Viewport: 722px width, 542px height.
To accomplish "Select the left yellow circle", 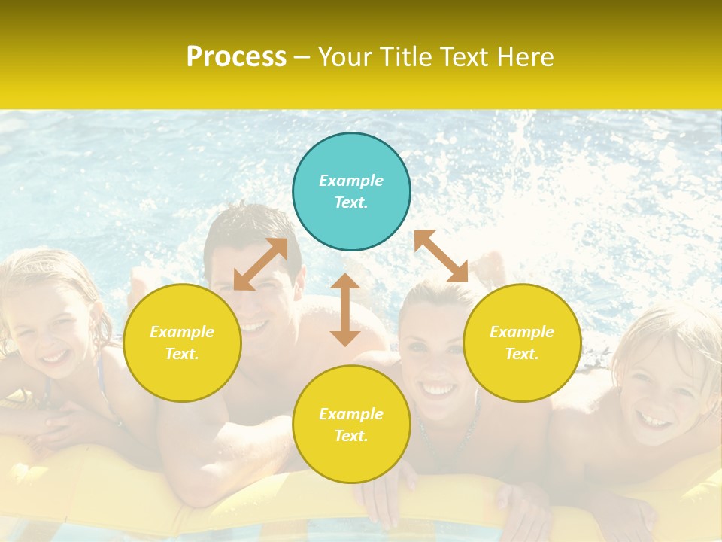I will point(182,343).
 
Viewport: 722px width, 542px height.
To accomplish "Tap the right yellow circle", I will point(522,343).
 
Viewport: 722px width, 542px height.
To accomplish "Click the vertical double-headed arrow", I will point(345,309).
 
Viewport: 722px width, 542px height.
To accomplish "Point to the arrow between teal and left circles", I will point(261,263).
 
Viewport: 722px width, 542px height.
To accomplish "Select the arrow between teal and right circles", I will point(441,256).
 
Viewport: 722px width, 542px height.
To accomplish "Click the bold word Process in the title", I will point(236,56).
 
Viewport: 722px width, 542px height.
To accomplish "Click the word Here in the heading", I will point(526,56).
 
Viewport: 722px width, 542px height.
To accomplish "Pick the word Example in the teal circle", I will point(351,181).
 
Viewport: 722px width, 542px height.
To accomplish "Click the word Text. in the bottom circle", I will point(351,436).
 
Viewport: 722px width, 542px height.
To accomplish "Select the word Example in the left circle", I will point(182,332).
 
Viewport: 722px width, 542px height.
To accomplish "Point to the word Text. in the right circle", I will point(522,354).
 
